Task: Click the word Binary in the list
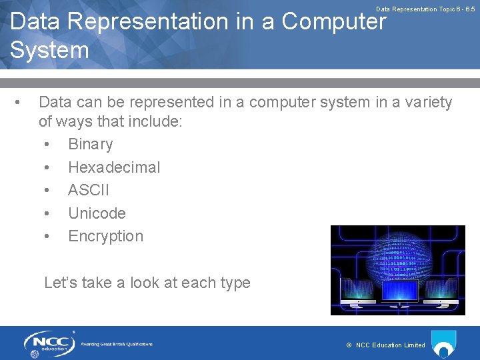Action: pos(90,145)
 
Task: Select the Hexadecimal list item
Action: pos(114,167)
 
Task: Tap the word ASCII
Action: pos(89,191)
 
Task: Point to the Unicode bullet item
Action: pos(97,213)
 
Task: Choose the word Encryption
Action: pos(105,236)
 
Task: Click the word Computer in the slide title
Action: pos(334,22)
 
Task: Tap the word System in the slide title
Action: pos(49,50)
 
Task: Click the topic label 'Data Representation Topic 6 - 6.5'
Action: pos(425,9)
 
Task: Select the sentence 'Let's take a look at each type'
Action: pos(147,283)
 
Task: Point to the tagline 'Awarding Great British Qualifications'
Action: pos(117,344)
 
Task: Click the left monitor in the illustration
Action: pos(357,291)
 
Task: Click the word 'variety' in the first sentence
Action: pos(427,103)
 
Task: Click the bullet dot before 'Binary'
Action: pos(46,145)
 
